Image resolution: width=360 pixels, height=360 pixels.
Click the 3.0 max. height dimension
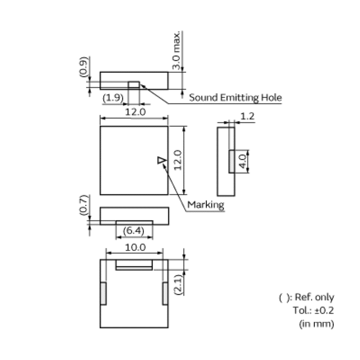click(x=177, y=50)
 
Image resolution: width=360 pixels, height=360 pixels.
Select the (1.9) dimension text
click(x=112, y=97)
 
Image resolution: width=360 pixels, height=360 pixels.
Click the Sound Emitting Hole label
click(x=235, y=97)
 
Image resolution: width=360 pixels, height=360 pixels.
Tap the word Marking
click(x=206, y=205)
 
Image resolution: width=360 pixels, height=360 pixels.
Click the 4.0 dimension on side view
click(x=243, y=161)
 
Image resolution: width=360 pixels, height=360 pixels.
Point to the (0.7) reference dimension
click(x=83, y=205)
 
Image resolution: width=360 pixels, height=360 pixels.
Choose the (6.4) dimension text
click(x=134, y=231)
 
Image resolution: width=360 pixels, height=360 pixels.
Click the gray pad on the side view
click(x=232, y=161)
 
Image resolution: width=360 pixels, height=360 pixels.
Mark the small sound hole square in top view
click(x=134, y=85)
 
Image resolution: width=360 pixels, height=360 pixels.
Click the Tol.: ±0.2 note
click(x=313, y=310)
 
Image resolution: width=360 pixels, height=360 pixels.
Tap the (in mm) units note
click(x=316, y=323)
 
